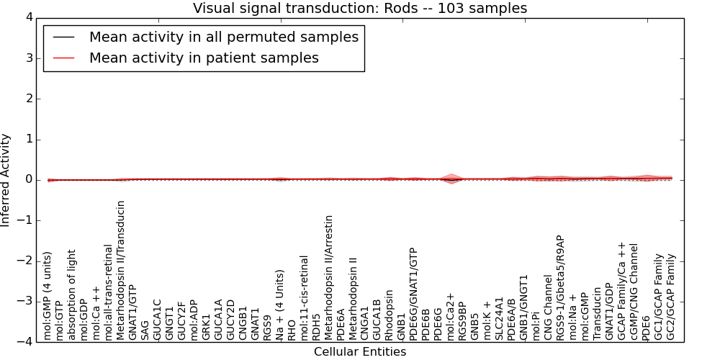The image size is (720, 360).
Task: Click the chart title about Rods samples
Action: (x=360, y=8)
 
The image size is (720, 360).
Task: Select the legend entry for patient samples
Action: (x=204, y=58)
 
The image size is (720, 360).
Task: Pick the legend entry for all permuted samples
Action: (x=223, y=37)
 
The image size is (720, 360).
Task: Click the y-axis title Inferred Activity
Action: (x=6, y=180)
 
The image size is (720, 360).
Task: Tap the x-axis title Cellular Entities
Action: (x=360, y=352)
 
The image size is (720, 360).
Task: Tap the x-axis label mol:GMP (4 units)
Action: (x=48, y=295)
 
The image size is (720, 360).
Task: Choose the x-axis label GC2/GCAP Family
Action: (x=670, y=297)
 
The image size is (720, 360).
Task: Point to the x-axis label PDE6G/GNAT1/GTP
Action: (x=414, y=288)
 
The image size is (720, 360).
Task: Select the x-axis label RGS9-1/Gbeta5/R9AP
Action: (x=560, y=287)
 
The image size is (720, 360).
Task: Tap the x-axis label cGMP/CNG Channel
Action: (x=634, y=291)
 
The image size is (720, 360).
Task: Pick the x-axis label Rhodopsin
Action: (x=390, y=315)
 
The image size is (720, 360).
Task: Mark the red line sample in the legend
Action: (x=63, y=58)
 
